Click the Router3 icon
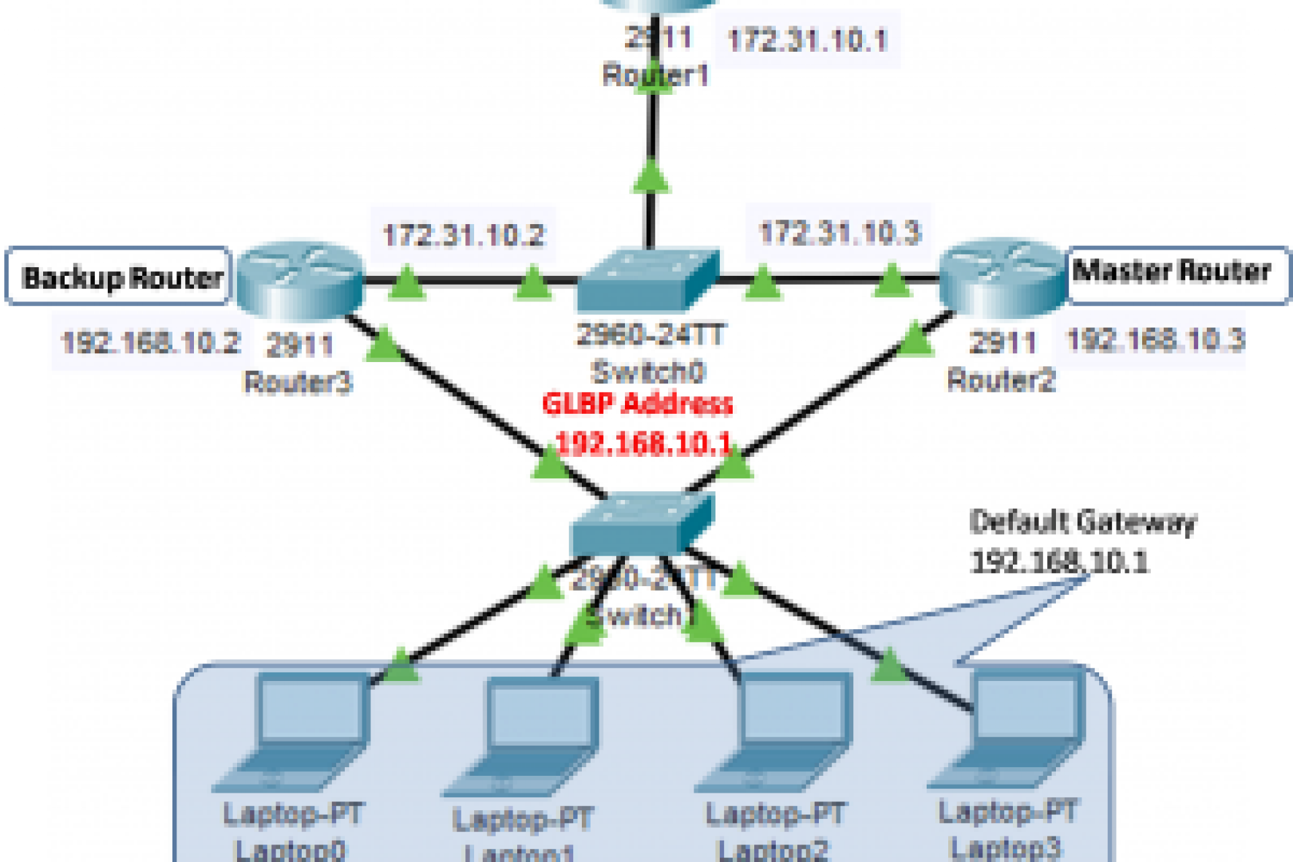(x=299, y=279)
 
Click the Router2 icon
(x=1003, y=277)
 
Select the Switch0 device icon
(x=649, y=280)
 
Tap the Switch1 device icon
(x=641, y=524)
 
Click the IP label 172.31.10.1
(x=807, y=40)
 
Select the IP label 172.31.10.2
(x=463, y=236)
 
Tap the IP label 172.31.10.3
(x=839, y=233)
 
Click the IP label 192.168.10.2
(x=151, y=343)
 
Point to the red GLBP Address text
(x=637, y=404)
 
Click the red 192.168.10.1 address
(x=643, y=443)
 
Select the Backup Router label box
(x=120, y=277)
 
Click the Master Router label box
(x=1172, y=273)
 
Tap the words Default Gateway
(x=1082, y=522)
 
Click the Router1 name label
(x=655, y=75)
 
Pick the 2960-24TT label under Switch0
(x=651, y=334)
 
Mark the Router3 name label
(x=298, y=382)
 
